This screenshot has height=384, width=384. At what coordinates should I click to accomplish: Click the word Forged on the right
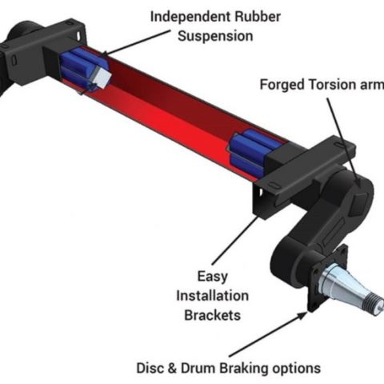pos(282,86)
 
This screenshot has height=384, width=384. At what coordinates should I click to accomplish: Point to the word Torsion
pos(334,86)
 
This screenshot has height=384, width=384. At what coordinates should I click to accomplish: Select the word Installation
pos(211,295)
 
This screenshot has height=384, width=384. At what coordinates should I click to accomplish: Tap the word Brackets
pos(211,314)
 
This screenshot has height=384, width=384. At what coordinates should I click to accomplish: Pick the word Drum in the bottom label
pos(213,368)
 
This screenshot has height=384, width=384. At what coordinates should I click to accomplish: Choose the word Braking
pos(259,368)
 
